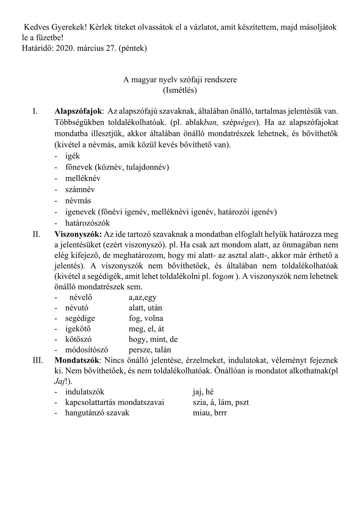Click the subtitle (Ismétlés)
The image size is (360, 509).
(x=180, y=90)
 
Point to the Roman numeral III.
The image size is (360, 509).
(x=38, y=360)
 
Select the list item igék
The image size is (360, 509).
(x=73, y=156)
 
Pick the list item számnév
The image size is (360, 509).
(x=80, y=189)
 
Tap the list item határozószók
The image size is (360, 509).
(x=87, y=223)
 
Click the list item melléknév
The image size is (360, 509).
(x=83, y=178)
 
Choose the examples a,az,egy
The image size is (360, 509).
(x=143, y=297)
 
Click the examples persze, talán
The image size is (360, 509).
(x=150, y=350)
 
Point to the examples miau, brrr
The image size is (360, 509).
(x=210, y=413)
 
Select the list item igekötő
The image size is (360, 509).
(x=78, y=329)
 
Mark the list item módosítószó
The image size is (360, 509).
(x=87, y=350)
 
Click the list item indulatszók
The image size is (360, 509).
(x=85, y=392)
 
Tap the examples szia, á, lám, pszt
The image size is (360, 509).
(x=221, y=402)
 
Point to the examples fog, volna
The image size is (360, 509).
(x=146, y=318)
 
